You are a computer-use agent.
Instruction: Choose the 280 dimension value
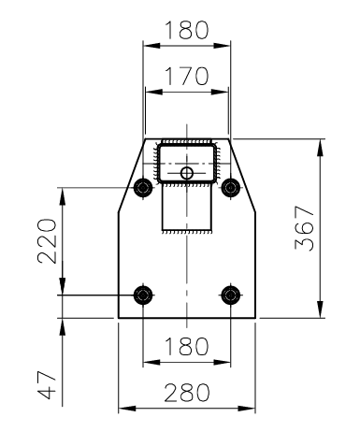(186, 392)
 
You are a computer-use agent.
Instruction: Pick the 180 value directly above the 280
(186, 347)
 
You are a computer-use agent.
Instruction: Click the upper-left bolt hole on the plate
(142, 186)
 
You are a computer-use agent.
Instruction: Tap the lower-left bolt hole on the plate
(142, 295)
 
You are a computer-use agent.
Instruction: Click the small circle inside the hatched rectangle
(187, 173)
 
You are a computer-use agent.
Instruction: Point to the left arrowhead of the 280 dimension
(123, 409)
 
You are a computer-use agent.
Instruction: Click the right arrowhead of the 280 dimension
(251, 409)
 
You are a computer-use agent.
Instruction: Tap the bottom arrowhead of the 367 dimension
(322, 313)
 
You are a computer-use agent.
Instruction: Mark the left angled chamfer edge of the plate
(131, 174)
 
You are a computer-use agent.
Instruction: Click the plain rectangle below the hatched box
(187, 208)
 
